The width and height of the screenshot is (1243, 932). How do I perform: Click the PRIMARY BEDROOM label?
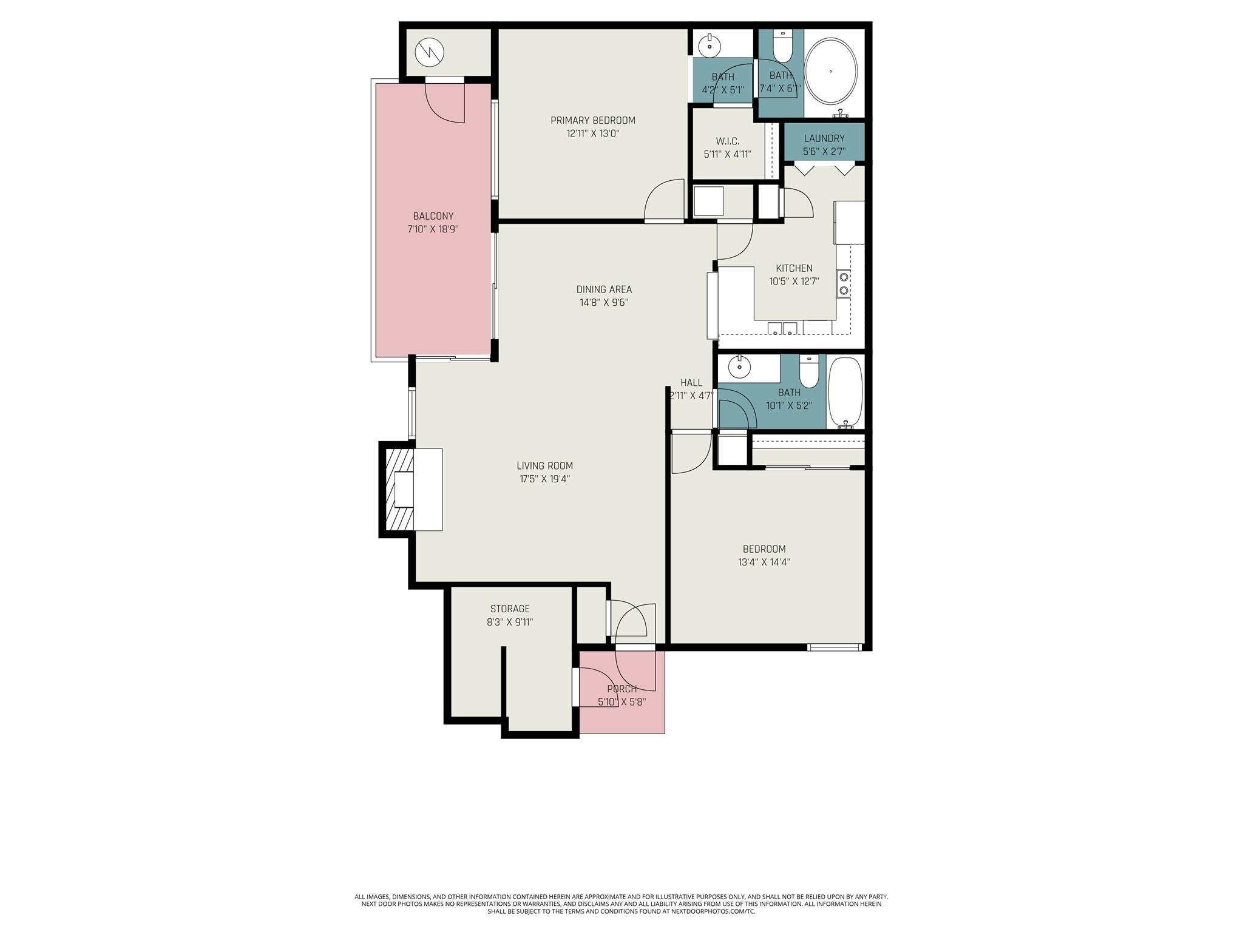[x=592, y=120]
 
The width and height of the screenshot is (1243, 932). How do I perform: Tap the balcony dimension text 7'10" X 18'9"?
[x=433, y=229]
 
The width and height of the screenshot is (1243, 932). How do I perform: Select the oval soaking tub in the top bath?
[x=831, y=72]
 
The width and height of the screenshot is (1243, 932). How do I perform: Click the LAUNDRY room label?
[x=824, y=138]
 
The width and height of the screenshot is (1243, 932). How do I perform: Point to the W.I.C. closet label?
[x=727, y=141]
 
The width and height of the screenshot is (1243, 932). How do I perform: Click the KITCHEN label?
[x=794, y=268]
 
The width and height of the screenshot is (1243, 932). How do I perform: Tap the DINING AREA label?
[x=603, y=289]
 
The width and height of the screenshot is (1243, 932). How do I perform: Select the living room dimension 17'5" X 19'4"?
[x=544, y=479]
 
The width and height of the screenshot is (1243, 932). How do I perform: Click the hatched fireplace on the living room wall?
[x=398, y=489]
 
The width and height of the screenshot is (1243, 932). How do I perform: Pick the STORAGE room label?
[x=510, y=609]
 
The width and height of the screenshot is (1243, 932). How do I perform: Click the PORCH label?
[x=621, y=689]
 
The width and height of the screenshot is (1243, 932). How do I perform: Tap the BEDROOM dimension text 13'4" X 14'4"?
[x=764, y=562]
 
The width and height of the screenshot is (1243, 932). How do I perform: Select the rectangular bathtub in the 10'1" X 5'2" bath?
[x=845, y=391]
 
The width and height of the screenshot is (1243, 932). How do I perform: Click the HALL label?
[x=691, y=382]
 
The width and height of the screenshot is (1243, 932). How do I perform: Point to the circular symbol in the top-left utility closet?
[x=430, y=53]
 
